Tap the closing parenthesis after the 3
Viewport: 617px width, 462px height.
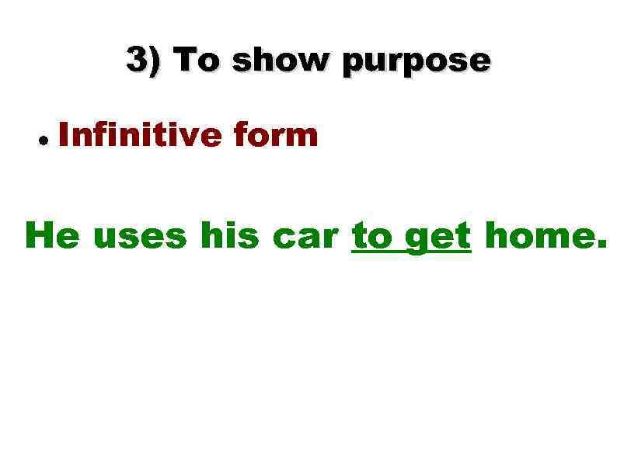(155, 61)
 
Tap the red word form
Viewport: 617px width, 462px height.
(276, 136)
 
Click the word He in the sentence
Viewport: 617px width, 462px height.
(51, 235)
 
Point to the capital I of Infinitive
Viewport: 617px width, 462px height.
(65, 136)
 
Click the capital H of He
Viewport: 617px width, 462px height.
(39, 235)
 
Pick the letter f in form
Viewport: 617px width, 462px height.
(241, 135)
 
